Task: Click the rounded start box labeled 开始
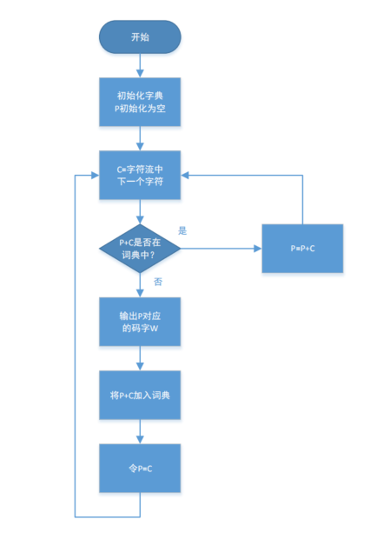(140, 37)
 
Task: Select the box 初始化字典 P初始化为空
(140, 103)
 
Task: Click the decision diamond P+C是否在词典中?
(140, 248)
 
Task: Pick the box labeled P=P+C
(302, 248)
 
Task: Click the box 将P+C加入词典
(140, 396)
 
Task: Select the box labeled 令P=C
(140, 469)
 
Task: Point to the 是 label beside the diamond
(182, 230)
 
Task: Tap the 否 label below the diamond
(157, 282)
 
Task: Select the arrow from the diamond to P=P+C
(221, 248)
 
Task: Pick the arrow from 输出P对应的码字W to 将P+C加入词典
(140, 359)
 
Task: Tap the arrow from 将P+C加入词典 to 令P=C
(140, 432)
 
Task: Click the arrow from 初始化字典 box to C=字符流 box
(140, 139)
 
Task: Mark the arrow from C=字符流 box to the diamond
(140, 212)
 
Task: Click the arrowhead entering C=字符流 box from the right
(186, 175)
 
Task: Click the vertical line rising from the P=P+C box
(302, 200)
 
